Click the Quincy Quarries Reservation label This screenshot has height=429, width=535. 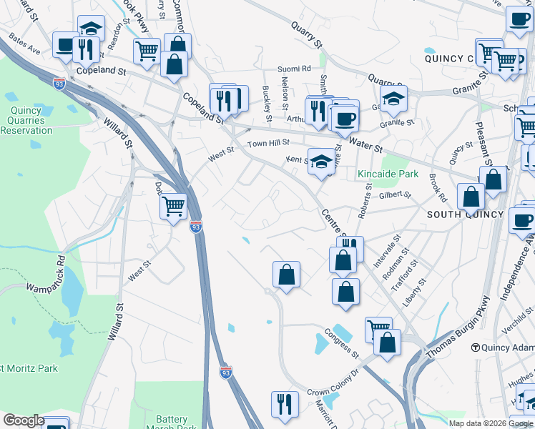tap(27, 115)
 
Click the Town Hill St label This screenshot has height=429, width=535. tap(267, 144)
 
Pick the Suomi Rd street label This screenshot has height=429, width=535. tap(294, 69)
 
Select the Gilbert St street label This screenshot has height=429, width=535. tap(395, 194)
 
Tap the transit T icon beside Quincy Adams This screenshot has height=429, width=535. tap(475, 347)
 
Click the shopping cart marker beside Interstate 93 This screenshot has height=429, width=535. tap(174, 207)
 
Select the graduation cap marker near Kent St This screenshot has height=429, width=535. tap(321, 162)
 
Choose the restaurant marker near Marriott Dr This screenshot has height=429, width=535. tap(285, 404)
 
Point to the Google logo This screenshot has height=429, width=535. tap(24, 420)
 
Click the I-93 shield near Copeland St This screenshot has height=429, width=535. tap(59, 83)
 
